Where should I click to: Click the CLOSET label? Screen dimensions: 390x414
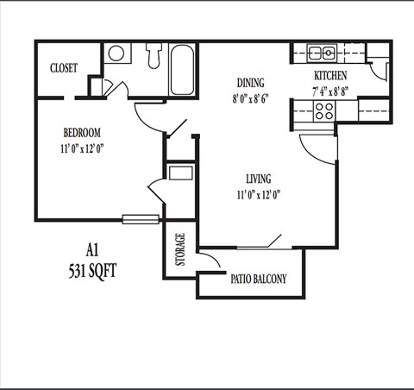64,68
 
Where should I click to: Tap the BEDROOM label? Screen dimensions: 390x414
82,133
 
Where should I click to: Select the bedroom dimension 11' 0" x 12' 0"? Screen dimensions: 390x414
83,148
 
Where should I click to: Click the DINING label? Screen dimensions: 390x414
251,84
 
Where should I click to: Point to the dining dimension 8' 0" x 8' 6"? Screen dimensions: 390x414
251,98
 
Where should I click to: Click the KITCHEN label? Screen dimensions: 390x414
329,75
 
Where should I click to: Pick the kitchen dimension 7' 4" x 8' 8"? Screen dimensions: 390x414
330,89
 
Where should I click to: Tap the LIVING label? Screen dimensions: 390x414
258,179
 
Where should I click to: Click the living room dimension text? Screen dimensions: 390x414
259,194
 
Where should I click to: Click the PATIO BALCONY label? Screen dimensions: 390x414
258,280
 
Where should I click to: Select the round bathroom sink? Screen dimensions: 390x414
116,53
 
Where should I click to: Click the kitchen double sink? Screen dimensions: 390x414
322,53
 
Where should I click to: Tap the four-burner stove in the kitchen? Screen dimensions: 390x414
324,110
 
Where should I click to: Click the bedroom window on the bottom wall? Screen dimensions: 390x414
140,219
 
